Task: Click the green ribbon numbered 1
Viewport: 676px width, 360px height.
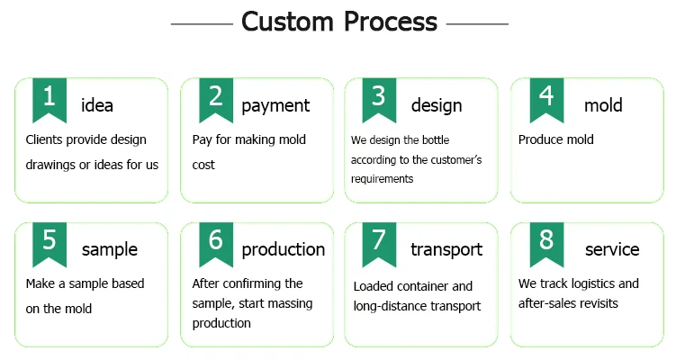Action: tap(50, 99)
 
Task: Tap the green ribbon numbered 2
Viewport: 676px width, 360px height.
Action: tap(216, 99)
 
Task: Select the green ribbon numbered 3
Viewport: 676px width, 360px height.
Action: tap(379, 99)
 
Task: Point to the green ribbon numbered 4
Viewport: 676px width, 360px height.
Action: tap(546, 99)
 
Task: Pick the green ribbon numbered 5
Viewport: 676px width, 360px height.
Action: tap(50, 244)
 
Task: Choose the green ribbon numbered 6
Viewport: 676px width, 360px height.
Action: tap(216, 244)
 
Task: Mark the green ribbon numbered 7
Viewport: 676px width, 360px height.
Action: tap(379, 244)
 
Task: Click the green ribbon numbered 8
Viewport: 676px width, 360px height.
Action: tap(546, 244)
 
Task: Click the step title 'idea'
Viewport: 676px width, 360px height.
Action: tap(97, 105)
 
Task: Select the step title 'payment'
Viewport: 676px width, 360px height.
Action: tap(275, 106)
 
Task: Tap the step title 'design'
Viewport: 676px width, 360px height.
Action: tap(437, 106)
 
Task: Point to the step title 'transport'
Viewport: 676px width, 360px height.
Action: tap(446, 250)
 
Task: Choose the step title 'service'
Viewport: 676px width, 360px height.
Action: tap(612, 249)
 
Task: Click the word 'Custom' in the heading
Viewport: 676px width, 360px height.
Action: tap(287, 22)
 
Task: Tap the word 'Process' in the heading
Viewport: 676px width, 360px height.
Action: tap(391, 22)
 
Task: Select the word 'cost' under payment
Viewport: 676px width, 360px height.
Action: tap(203, 165)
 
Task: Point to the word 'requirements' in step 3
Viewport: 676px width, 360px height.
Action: tap(382, 179)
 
